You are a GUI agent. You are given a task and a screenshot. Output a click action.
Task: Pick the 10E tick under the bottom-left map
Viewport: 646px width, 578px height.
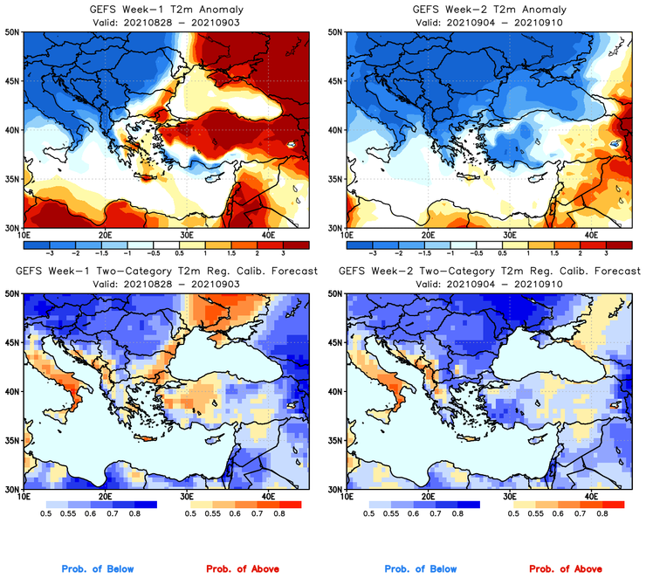tap(24, 497)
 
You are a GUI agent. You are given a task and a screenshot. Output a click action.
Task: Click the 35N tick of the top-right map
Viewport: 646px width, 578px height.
tap(333, 179)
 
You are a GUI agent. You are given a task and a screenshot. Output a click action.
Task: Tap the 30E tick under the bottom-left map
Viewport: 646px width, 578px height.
tap(187, 497)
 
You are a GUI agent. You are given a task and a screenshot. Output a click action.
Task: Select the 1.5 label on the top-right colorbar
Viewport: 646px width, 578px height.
tap(555, 251)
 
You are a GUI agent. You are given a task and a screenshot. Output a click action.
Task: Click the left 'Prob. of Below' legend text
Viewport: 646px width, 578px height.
tap(98, 569)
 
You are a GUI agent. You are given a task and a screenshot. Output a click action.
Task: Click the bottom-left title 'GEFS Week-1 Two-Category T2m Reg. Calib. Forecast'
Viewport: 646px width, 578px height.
tap(166, 272)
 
